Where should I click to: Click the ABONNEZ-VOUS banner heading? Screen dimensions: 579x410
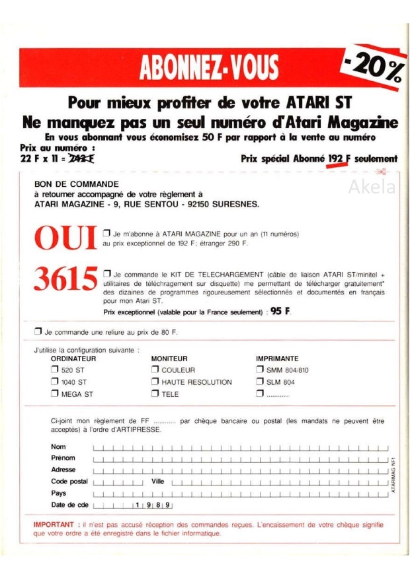[209, 67]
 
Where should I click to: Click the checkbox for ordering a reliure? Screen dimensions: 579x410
[38, 331]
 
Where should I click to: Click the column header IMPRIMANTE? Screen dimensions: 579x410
[276, 358]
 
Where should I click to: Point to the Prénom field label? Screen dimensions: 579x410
[63, 458]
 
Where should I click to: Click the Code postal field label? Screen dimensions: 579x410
[69, 482]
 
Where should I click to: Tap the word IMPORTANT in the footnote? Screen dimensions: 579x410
[53, 525]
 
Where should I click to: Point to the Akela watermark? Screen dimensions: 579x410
[372, 187]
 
